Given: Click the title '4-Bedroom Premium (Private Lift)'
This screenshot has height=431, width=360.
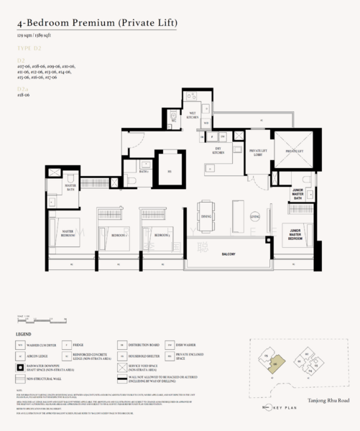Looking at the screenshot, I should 97,24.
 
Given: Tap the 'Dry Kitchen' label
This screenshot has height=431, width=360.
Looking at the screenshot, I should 218,151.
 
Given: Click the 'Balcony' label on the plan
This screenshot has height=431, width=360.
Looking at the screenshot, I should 231,254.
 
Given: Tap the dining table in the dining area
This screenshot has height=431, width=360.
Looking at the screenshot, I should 206,216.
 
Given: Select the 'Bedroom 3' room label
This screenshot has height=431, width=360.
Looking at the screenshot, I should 160,235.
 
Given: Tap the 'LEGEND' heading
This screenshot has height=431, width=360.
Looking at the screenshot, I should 24,335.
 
